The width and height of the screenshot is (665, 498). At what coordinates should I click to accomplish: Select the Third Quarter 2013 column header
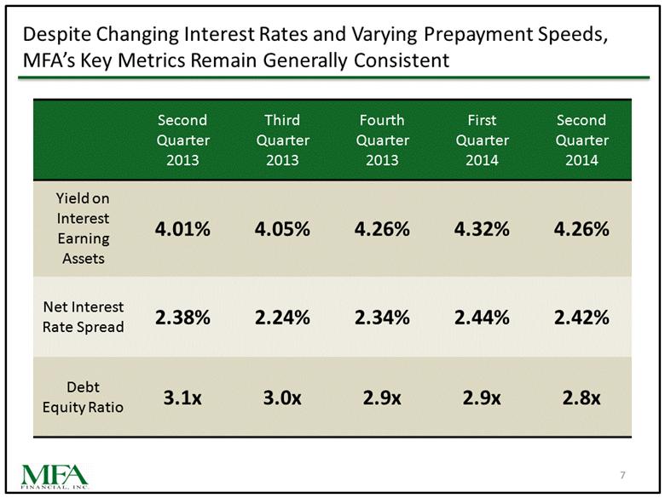(282, 140)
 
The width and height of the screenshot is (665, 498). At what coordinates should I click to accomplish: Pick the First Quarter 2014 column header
(482, 140)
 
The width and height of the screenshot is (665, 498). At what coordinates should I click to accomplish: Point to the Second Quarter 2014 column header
(581, 140)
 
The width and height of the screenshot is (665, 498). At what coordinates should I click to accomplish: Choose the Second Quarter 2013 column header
(182, 140)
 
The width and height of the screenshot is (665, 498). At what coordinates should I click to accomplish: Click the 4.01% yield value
(182, 229)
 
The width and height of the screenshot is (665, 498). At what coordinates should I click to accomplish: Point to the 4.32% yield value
(482, 229)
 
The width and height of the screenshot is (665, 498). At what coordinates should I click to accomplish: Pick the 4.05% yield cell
(282, 229)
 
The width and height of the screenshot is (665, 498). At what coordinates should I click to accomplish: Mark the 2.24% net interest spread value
(282, 318)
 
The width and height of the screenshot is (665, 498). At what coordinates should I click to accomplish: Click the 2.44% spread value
(482, 318)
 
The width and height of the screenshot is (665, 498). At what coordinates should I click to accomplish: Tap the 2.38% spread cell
(182, 318)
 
